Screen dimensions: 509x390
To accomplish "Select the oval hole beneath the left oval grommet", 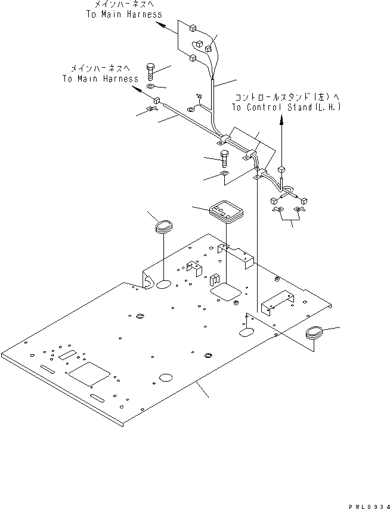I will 164,285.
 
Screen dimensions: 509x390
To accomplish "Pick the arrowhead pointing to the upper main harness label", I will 160,24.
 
